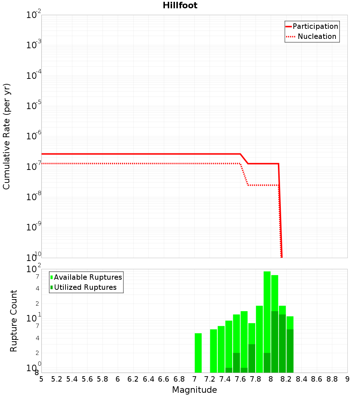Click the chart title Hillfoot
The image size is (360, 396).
click(x=180, y=5)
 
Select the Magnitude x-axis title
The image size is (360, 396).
click(x=194, y=390)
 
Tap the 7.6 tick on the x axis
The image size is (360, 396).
click(x=240, y=379)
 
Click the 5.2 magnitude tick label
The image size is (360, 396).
click(x=57, y=379)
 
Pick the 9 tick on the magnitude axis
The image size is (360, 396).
click(x=347, y=379)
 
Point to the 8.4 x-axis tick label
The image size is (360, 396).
click(x=301, y=379)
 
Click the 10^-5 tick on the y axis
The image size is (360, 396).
click(x=34, y=106)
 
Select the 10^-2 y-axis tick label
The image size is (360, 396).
click(x=34, y=15)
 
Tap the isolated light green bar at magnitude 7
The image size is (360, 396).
click(x=198, y=353)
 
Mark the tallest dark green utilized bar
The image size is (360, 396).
click(x=274, y=342)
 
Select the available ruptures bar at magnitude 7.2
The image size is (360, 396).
click(x=213, y=351)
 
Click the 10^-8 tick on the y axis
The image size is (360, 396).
click(x=34, y=197)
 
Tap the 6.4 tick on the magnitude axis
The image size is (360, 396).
click(x=148, y=379)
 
